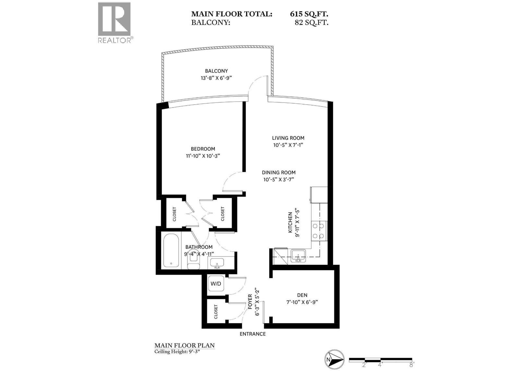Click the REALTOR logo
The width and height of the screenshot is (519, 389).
pyautogui.click(x=114, y=22)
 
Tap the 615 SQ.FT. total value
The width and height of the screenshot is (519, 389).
pyautogui.click(x=309, y=14)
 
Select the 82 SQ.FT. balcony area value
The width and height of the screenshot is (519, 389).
pyautogui.click(x=311, y=23)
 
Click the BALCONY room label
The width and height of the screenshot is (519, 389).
pyautogui.click(x=216, y=71)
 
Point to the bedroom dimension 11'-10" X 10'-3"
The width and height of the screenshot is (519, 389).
pyautogui.click(x=203, y=156)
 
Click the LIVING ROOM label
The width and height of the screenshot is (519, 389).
pyautogui.click(x=288, y=138)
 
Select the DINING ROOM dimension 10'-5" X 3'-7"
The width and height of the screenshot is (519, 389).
pyautogui.click(x=279, y=180)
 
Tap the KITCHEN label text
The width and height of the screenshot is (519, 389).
pyautogui.click(x=290, y=223)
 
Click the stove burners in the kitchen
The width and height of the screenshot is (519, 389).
pyautogui.click(x=319, y=231)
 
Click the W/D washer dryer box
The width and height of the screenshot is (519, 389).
pyautogui.click(x=216, y=284)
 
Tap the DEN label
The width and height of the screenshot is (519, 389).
pyautogui.click(x=302, y=295)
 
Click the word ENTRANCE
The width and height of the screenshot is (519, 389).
pyautogui.click(x=252, y=334)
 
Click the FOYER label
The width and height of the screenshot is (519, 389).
pyautogui.click(x=250, y=301)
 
